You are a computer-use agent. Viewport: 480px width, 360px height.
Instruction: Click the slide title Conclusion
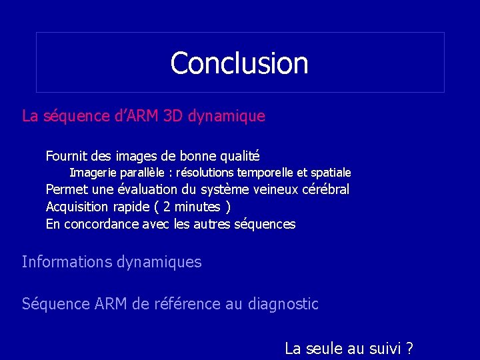click(239, 63)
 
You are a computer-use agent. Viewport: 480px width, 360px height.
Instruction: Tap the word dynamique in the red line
click(227, 116)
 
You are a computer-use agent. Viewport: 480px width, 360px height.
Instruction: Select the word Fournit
click(65, 157)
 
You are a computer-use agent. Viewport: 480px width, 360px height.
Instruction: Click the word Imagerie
click(93, 173)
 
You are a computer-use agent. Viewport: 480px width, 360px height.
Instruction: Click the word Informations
click(67, 262)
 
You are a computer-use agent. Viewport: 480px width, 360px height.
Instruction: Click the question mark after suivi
click(409, 348)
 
